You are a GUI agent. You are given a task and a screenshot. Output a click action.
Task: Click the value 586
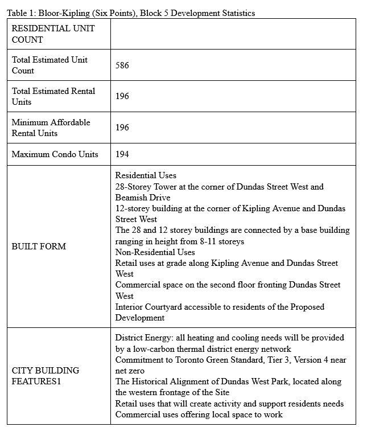tap(122, 65)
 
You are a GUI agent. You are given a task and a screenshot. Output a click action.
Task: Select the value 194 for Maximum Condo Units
tap(122, 154)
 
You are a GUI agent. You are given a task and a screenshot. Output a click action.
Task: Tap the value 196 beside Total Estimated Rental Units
tap(122, 96)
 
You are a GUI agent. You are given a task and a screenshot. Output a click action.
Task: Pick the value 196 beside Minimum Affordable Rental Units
tap(122, 128)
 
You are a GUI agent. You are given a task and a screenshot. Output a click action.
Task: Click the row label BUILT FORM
tap(39, 247)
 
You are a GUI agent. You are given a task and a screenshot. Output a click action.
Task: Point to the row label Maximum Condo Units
tap(55, 154)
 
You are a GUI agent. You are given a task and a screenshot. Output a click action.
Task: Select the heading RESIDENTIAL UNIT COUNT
tap(53, 34)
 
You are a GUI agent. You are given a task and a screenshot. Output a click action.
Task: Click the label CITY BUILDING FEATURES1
tap(45, 376)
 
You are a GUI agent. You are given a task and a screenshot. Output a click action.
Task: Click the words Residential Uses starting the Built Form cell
tap(146, 175)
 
